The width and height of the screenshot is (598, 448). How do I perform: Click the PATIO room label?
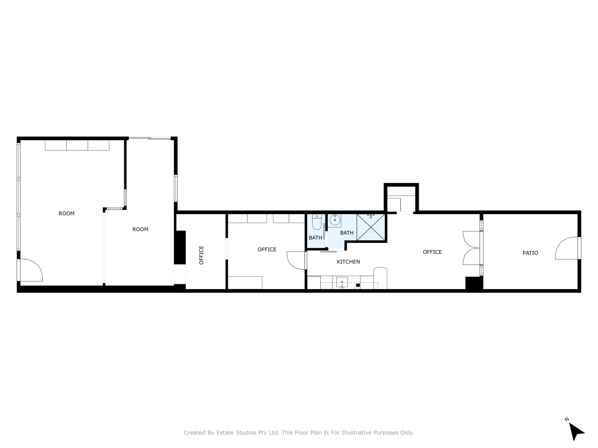point(530,253)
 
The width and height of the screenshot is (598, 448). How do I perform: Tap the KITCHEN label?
point(348,262)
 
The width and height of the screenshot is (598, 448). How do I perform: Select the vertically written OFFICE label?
point(201,255)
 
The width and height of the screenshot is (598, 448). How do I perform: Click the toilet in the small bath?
point(317,222)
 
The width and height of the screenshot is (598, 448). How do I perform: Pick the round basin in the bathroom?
point(334,219)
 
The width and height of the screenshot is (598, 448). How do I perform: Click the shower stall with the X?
point(370,227)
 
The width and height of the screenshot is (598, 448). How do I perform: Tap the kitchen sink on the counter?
point(342,282)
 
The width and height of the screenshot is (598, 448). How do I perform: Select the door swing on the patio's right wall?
point(566,248)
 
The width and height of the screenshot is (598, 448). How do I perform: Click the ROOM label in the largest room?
point(67,213)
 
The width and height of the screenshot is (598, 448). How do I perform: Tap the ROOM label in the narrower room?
point(140,229)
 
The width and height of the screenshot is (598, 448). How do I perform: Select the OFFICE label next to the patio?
point(432,252)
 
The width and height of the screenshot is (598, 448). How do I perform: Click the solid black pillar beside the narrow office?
point(180,247)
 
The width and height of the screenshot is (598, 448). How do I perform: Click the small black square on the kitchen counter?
point(358,285)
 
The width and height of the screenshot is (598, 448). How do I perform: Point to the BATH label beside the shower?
point(346,233)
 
